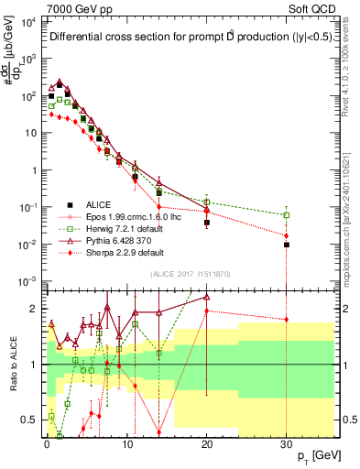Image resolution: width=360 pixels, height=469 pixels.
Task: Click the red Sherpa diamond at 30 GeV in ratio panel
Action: [287, 320]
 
